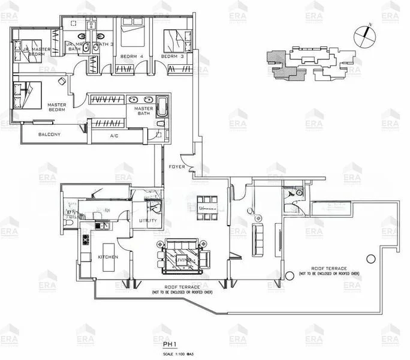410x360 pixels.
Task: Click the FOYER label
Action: pos(177,166)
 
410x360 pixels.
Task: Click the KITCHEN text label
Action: pos(108,257)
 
